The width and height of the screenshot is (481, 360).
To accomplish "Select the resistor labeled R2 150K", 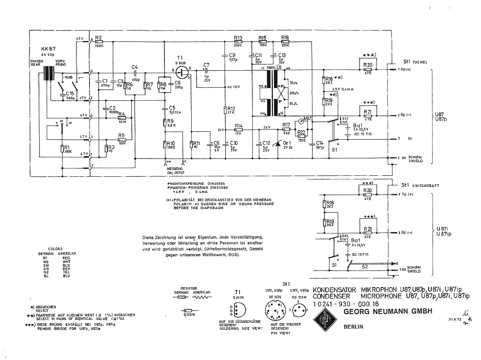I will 98,41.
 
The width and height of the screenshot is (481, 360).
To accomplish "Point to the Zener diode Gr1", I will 276,144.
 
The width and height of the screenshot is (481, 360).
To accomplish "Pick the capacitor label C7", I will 206,65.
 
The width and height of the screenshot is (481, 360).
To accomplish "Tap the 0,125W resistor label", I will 189,313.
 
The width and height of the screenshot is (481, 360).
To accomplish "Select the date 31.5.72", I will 454,319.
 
